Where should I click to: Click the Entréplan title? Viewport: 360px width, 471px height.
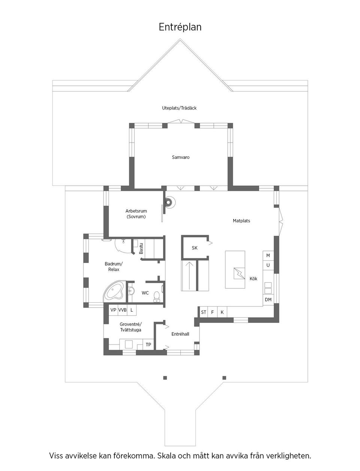180,27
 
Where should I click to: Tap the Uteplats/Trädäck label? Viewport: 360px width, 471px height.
179,108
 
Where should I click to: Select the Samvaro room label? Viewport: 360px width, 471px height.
181,157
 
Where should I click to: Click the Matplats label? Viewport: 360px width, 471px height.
241,221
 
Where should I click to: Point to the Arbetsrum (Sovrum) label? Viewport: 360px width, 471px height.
136,214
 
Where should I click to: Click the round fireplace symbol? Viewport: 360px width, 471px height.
169,202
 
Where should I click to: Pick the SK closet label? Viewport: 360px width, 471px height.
194,248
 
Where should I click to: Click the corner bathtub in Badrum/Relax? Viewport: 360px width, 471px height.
114,292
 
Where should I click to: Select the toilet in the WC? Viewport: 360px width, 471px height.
157,296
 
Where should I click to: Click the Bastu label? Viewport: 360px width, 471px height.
141,249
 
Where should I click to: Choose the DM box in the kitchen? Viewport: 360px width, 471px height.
268,300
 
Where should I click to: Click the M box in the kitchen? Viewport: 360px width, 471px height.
268,255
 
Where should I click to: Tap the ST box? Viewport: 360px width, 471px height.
204,312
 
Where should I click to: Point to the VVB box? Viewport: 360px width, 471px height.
122,310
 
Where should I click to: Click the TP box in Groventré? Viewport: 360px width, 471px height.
148,345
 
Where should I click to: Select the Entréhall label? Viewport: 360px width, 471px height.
180,334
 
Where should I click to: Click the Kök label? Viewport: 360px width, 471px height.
253,279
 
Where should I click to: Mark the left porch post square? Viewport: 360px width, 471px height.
165,377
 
